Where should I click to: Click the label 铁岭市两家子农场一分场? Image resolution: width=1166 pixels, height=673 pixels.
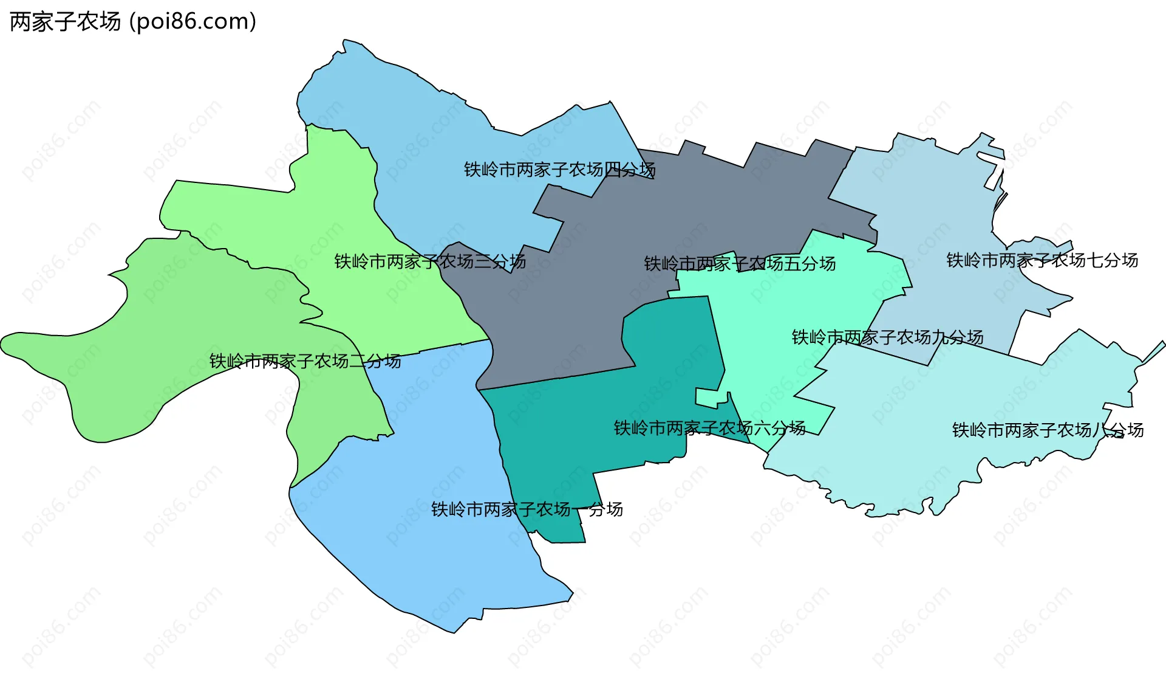tap(527, 509)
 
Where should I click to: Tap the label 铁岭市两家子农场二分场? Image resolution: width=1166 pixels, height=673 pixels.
tap(305, 362)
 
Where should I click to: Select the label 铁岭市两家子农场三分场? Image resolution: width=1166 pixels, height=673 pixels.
tap(430, 262)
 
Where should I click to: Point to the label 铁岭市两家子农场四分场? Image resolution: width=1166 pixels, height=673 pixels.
tap(559, 170)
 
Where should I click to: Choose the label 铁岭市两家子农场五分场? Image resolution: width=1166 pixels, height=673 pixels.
tap(740, 264)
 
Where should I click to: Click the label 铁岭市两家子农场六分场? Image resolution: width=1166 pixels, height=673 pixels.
tap(709, 429)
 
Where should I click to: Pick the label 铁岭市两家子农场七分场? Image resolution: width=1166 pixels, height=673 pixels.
tap(1042, 261)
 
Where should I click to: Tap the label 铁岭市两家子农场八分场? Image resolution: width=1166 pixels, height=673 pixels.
tap(1048, 430)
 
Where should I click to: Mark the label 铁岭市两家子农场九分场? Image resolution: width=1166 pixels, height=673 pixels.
tap(887, 337)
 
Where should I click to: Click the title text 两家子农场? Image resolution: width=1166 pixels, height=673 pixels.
tap(66, 22)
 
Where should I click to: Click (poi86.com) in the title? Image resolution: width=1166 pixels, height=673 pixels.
tap(193, 22)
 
